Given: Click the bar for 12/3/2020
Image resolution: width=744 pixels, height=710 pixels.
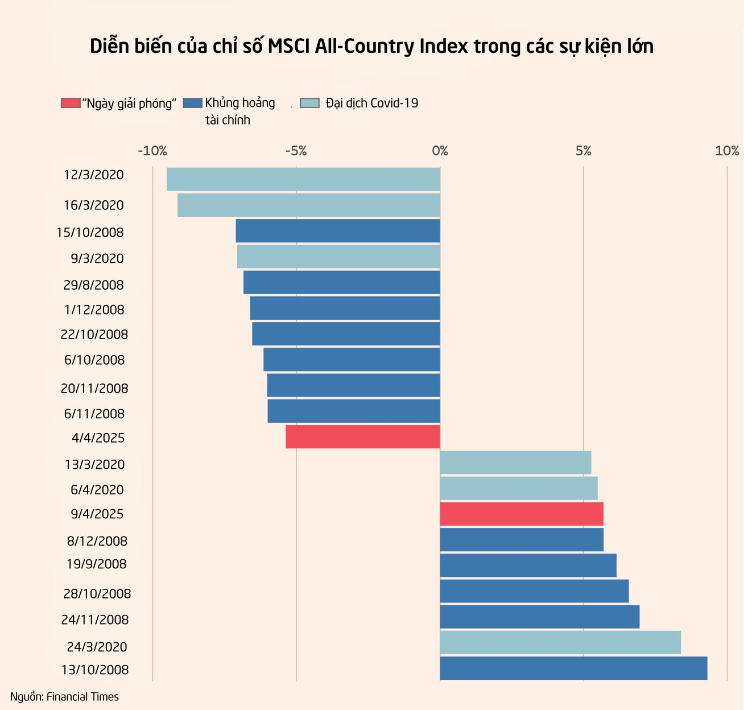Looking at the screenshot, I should pyautogui.click(x=303, y=179).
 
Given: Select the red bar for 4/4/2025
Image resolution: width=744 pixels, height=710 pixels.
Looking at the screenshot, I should pyautogui.click(x=363, y=436).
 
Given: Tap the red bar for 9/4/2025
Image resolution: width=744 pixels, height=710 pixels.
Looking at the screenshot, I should pyautogui.click(x=522, y=514).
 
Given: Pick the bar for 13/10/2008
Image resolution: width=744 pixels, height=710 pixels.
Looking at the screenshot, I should pyautogui.click(x=573, y=668).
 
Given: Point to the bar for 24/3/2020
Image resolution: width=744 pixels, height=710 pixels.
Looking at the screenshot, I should pyautogui.click(x=560, y=642).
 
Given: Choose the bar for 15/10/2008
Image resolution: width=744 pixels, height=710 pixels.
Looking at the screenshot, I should pyautogui.click(x=338, y=231).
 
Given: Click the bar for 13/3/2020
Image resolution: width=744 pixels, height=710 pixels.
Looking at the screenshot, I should pyautogui.click(x=515, y=463).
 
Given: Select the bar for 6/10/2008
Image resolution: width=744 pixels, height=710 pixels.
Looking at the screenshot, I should pyautogui.click(x=352, y=360).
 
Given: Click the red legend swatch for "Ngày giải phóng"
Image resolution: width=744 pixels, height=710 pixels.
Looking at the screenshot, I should pyautogui.click(x=71, y=103).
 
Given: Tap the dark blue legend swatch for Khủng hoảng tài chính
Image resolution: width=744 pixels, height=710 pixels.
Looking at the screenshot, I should pyautogui.click(x=193, y=103).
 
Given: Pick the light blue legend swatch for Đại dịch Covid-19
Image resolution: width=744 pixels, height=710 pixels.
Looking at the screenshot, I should pyautogui.click(x=309, y=103).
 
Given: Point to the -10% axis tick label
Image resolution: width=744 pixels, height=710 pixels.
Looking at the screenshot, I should pyautogui.click(x=152, y=151).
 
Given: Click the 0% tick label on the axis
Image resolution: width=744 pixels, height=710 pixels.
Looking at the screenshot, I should pyautogui.click(x=440, y=151).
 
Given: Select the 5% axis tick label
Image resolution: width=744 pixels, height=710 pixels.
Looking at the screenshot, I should pyautogui.click(x=583, y=151).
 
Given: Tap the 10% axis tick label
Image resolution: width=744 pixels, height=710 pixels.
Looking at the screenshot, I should pyautogui.click(x=727, y=151).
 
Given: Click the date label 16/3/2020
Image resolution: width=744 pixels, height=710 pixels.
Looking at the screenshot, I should pyautogui.click(x=93, y=205).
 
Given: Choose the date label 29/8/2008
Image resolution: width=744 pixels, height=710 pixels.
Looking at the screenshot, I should pyautogui.click(x=93, y=285).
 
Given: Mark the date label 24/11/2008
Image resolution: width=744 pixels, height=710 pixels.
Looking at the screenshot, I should pyautogui.click(x=95, y=620).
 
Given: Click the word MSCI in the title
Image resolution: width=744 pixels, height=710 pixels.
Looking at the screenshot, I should pyautogui.click(x=290, y=47).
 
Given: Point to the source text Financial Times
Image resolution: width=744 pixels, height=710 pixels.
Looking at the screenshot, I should pyautogui.click(x=82, y=697).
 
